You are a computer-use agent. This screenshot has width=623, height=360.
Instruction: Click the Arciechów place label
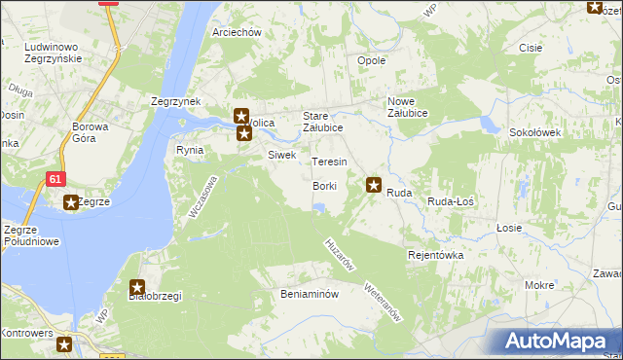[238, 32]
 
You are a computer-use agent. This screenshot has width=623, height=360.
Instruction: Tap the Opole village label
[372, 60]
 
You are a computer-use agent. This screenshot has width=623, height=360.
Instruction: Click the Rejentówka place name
[435, 255]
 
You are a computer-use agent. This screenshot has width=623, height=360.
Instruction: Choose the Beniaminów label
[309, 293]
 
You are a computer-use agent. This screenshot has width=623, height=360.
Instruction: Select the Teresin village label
[329, 161]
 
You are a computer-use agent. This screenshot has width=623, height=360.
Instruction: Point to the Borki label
[325, 186]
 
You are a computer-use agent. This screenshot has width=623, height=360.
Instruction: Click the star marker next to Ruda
[373, 183]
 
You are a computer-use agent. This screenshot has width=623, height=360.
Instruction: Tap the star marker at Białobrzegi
[137, 287]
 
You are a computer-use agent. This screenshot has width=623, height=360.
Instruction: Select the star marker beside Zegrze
[71, 202]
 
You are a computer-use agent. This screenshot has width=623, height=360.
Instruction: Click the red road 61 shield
[55, 178]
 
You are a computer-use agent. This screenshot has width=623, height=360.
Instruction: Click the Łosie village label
[509, 228]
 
